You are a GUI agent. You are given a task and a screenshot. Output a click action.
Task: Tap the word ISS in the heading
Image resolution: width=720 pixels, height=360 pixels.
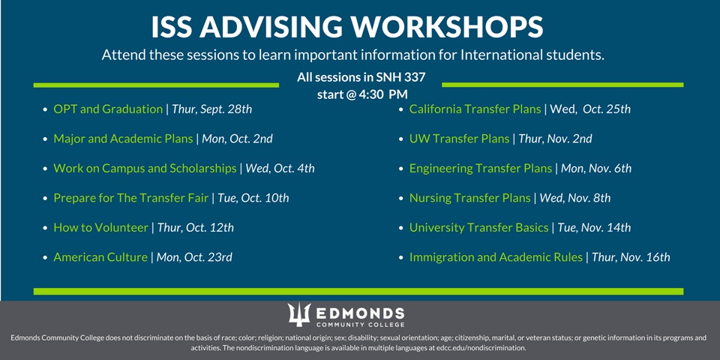(x=172, y=28)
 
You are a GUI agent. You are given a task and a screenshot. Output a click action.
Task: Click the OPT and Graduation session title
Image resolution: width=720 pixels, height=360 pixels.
(x=108, y=109)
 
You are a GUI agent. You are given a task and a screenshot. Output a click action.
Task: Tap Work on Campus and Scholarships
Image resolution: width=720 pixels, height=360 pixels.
(x=145, y=169)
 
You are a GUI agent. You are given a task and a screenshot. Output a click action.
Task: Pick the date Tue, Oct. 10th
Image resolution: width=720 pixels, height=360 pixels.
(x=253, y=198)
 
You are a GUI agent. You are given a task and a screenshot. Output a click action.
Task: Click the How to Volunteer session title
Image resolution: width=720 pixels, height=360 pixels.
(x=101, y=228)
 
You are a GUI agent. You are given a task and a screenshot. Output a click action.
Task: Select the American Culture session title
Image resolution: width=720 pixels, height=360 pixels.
(x=100, y=257)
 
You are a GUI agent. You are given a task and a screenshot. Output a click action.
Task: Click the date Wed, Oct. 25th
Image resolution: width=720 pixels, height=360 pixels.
(x=590, y=109)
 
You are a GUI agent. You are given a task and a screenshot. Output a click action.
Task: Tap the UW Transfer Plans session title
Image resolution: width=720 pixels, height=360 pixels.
(x=459, y=139)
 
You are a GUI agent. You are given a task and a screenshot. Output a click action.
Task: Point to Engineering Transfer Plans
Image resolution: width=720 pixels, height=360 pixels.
(x=481, y=169)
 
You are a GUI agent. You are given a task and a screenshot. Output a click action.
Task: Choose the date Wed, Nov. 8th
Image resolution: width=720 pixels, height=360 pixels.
(x=575, y=198)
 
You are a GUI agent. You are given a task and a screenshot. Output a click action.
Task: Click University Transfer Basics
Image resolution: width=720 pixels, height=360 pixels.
(x=479, y=228)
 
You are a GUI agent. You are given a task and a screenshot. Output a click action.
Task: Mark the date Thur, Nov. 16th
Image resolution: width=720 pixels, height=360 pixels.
(x=631, y=257)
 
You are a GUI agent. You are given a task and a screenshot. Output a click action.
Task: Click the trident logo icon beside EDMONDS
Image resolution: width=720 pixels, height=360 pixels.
(x=299, y=315)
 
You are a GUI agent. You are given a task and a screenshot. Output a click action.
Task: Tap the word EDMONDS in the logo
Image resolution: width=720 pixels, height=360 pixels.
(x=361, y=313)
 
